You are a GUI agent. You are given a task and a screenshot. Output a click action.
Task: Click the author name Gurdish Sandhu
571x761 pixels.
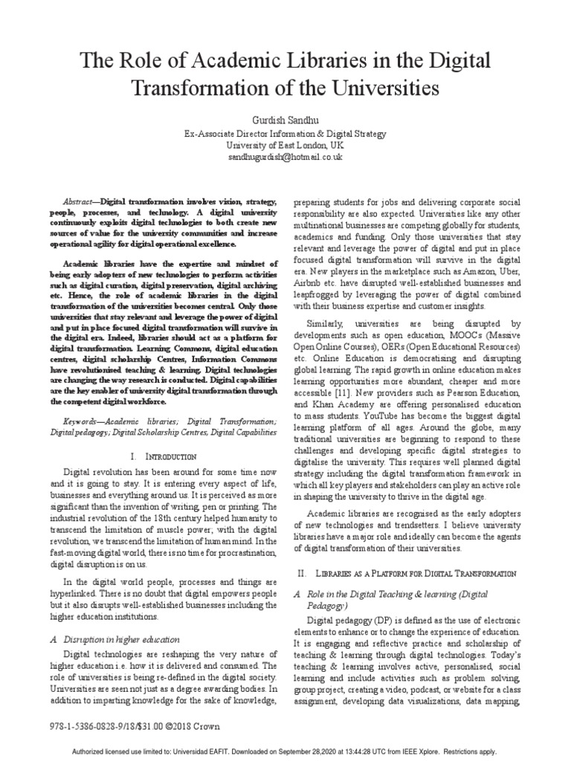coord(285,119)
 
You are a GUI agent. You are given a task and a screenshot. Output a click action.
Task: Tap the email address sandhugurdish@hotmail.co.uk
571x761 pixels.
coord(285,157)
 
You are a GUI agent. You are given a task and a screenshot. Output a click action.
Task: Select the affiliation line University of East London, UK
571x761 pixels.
coord(285,145)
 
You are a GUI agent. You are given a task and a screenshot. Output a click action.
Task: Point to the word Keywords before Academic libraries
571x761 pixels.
coord(78,419)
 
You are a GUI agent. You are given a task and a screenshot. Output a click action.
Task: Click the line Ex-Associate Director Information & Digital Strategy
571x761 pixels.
coord(285,133)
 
